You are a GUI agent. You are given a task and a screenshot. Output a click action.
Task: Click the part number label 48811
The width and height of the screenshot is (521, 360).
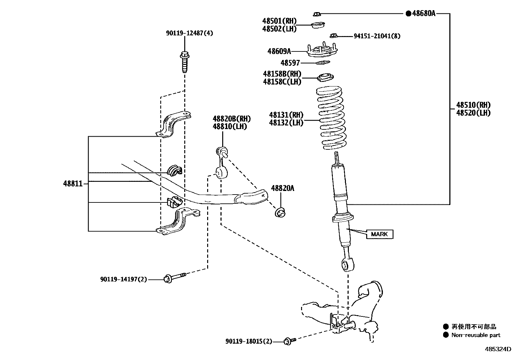pyautogui.click(x=73, y=184)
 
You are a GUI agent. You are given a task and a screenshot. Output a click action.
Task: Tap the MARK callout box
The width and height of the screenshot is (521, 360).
pyautogui.click(x=380, y=234)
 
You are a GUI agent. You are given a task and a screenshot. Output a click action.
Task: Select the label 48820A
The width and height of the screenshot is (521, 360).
pyautogui.click(x=282, y=188)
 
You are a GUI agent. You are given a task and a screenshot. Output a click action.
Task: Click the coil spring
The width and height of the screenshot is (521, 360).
pyautogui.click(x=331, y=118)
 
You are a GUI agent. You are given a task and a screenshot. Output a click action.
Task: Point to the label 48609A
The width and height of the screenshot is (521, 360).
pyautogui.click(x=279, y=51)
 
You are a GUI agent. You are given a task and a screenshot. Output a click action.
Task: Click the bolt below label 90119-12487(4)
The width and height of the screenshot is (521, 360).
pyautogui.click(x=185, y=62)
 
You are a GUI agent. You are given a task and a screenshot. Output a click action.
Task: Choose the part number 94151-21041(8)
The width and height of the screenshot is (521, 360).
pyautogui.click(x=377, y=36)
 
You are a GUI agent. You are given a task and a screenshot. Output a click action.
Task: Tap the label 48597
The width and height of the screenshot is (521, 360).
pyautogui.click(x=290, y=63)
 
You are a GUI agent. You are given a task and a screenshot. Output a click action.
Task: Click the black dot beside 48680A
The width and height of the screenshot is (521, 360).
pyautogui.click(x=408, y=13)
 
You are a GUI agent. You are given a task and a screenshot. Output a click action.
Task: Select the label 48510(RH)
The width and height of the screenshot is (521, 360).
pyautogui.click(x=473, y=105)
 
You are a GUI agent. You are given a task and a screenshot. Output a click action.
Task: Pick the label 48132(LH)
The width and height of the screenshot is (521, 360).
pyautogui.click(x=286, y=123)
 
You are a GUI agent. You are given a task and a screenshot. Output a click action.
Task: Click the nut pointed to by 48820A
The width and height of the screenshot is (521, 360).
pyautogui.click(x=280, y=213)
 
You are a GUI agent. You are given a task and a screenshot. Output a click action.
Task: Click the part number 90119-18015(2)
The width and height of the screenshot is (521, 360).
pyautogui.click(x=249, y=341)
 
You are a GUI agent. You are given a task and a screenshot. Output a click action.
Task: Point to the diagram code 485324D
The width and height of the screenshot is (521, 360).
pyautogui.click(x=498, y=349)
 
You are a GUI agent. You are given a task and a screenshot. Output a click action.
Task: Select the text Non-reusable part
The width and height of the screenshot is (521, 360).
pyautogui.click(x=476, y=335)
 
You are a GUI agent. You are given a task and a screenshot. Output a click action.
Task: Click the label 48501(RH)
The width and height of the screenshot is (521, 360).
pyautogui.click(x=279, y=21)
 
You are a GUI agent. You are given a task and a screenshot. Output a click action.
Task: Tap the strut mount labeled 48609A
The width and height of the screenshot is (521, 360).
pyautogui.click(x=323, y=50)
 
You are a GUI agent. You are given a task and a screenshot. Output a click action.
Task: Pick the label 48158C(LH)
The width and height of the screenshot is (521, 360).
pyautogui.click(x=282, y=82)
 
